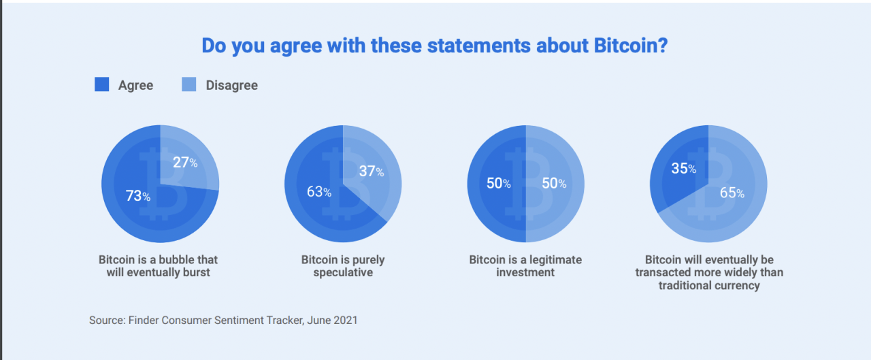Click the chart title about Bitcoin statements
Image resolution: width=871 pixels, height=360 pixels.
435,46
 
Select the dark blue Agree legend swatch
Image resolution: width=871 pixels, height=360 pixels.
101,84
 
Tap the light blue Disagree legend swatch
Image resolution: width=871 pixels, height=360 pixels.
189,84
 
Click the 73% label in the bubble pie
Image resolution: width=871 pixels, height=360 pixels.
138,196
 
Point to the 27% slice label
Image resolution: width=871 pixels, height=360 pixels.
184,163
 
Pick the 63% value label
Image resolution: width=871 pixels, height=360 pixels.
319,192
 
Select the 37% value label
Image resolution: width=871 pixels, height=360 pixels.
372,171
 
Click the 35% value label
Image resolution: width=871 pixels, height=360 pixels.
683,169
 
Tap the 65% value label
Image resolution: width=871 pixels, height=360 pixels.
732,193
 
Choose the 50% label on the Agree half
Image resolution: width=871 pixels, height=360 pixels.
497,184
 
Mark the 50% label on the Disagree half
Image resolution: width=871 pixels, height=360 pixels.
553,184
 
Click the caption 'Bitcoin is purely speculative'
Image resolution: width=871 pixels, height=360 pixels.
343,266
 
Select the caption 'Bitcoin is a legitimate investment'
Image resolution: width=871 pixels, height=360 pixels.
525,266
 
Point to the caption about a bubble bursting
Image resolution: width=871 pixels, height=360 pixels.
159,266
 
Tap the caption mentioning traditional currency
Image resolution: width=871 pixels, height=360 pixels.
709,273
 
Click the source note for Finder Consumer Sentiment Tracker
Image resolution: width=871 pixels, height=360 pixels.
223,320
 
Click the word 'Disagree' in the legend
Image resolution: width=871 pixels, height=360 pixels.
231,85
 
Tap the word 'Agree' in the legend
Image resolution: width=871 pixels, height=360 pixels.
135,85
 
